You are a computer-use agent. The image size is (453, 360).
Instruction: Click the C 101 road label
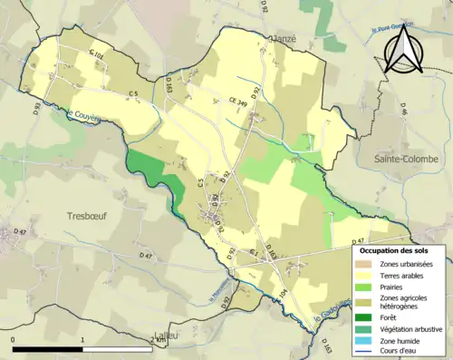[x=96, y=55]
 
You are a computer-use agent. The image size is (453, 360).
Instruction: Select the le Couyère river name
[x=83, y=115]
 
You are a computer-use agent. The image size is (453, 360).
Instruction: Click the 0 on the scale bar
[x=14, y=340]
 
